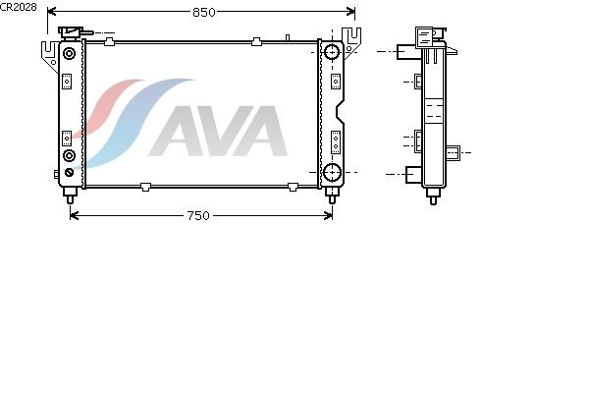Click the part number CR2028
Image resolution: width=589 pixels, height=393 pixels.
(19, 6)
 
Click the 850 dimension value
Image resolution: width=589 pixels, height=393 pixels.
(203, 13)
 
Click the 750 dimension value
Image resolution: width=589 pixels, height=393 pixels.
(197, 215)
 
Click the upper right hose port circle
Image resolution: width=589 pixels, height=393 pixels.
(332, 52)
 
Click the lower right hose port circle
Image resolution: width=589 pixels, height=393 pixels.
(332, 175)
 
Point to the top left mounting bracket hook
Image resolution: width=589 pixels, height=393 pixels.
(47, 48)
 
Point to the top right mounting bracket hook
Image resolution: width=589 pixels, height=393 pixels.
(355, 43)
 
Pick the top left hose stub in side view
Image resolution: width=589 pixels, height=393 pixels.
(405, 51)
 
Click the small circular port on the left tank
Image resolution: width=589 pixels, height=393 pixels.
(69, 155)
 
